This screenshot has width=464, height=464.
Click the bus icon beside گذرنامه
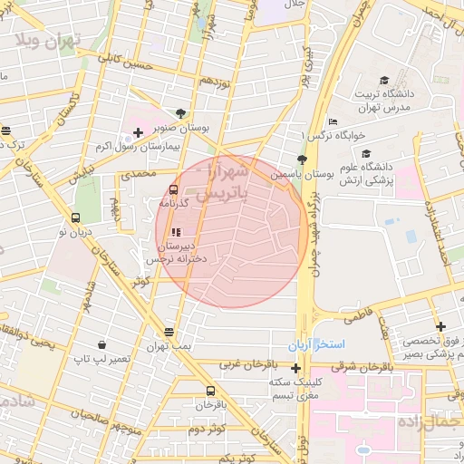pyautogui.click(x=173, y=189)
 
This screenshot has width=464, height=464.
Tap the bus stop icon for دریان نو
pyautogui.click(x=75, y=217)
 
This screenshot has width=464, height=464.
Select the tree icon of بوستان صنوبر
pyautogui.click(x=180, y=113)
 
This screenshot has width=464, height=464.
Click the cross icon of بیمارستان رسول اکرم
pyautogui.click(x=137, y=132)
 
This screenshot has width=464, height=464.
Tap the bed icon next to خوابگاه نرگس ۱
pyautogui.click(x=333, y=121)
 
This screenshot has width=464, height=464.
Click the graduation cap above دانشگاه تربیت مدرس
pyautogui.click(x=384, y=81)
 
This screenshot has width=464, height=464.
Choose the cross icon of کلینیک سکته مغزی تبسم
pyautogui.click(x=296, y=368)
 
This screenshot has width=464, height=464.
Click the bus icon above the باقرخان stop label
pyautogui.click(x=210, y=390)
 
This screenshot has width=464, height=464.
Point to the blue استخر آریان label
pyautogui.click(x=317, y=346)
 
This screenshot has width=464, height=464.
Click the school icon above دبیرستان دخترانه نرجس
pyautogui.click(x=175, y=232)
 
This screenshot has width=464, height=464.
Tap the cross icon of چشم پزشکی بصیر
pyautogui.click(x=440, y=326)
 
